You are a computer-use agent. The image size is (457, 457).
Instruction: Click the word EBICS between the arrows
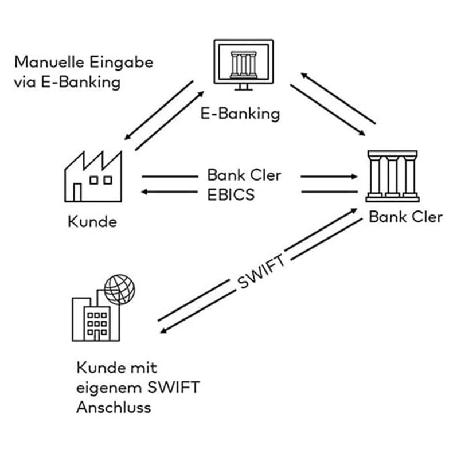(231, 194)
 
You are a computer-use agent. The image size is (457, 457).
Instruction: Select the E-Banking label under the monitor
(240, 113)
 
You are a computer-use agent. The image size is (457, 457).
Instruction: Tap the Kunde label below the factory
(91, 221)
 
